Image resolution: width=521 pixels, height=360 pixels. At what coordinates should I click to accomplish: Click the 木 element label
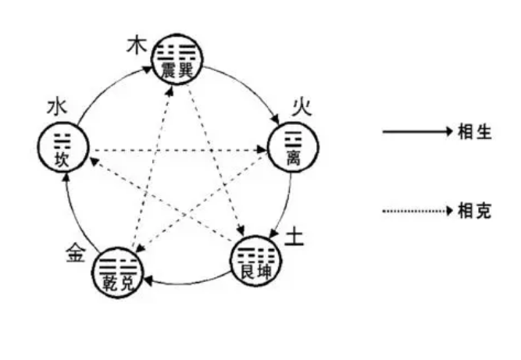pyautogui.click(x=137, y=45)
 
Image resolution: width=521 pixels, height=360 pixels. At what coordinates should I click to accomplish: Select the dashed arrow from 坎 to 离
pyautogui.click(x=176, y=148)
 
